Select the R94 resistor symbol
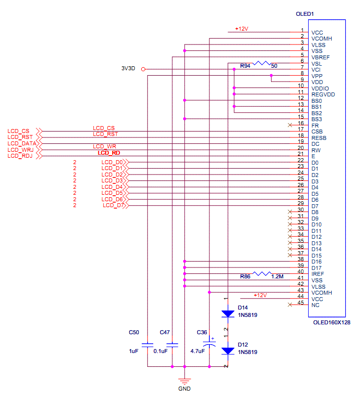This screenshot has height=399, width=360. click(x=262, y=63)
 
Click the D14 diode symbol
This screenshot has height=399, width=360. click(x=228, y=313)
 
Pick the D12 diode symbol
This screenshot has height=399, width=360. click(x=228, y=351)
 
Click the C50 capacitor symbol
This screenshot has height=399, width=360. click(x=147, y=344)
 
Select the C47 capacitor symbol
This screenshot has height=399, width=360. click(x=172, y=344)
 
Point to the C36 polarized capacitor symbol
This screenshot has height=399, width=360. click(x=209, y=345)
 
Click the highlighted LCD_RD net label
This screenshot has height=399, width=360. click(x=109, y=153)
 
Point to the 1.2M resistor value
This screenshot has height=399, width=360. click(x=278, y=277)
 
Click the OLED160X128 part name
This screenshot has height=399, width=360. click(x=331, y=322)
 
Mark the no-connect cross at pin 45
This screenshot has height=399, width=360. click(x=290, y=305)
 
